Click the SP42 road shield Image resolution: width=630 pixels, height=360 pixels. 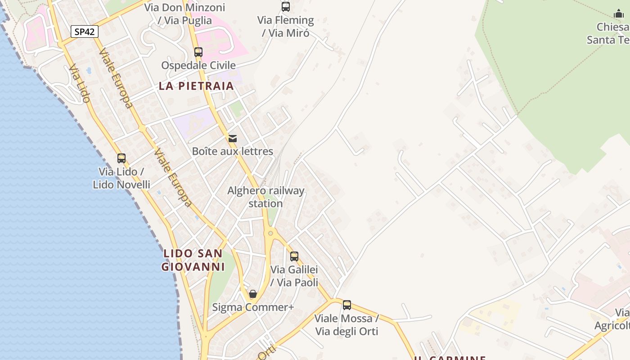pos(84,31)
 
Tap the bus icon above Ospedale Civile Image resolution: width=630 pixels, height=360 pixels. pos(198,52)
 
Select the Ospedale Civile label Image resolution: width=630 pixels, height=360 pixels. pos(198,66)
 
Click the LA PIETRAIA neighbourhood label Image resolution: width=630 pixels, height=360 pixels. pos(196,86)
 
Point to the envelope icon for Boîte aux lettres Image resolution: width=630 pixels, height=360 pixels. pos(233,139)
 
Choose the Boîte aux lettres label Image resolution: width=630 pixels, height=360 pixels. pos(233,151)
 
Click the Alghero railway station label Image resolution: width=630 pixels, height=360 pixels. pos(265,197)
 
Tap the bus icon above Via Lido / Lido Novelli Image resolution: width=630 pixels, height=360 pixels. pos(121,158)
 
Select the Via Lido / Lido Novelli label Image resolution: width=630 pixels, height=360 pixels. pos(121,178)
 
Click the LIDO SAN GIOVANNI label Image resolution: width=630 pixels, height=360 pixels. pos(193,260)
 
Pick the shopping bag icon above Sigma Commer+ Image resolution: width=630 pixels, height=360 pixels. pos(253,294)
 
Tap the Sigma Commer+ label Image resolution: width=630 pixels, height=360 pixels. pos(253,307)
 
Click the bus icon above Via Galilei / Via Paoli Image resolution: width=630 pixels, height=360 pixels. pos(294,256)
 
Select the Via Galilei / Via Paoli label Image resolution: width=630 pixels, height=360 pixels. pos(294,276)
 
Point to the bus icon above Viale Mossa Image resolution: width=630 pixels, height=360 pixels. pos(347,305)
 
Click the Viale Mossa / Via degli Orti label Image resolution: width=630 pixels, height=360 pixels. pos(346,325)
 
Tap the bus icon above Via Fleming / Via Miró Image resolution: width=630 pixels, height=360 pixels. pos(286,7)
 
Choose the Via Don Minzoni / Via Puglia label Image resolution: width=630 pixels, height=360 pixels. pos(185,14)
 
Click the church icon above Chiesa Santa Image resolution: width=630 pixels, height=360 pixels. pos(619,14)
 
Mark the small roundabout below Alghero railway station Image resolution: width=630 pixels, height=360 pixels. pos(270,233)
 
